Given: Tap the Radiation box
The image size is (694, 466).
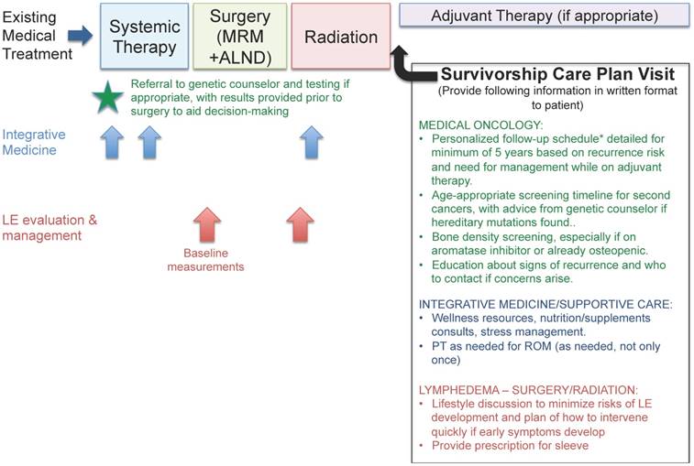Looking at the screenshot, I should [341, 38].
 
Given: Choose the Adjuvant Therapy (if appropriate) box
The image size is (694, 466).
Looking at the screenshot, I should [544, 16].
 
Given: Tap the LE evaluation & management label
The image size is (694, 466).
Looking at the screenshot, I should [48, 227].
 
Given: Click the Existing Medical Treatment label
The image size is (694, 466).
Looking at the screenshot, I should [37, 36].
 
